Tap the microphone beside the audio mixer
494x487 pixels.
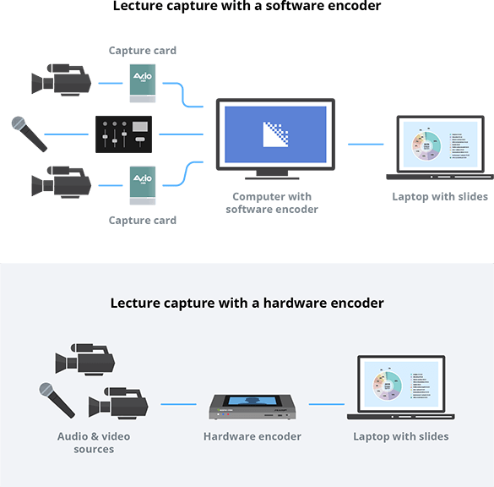[28, 134]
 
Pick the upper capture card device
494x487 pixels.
[142, 84]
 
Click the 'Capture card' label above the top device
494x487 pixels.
[143, 51]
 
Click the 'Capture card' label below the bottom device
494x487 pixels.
[143, 220]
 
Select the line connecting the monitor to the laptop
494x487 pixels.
[366, 144]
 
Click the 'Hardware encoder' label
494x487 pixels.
[252, 436]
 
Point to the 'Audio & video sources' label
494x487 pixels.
[94, 442]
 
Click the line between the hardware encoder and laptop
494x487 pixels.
[326, 404]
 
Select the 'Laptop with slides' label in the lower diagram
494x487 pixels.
[401, 436]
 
